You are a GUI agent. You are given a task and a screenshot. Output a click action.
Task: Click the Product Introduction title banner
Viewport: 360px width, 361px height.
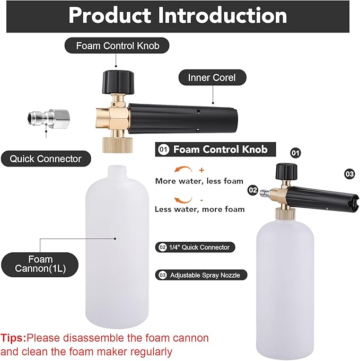[x=178, y=16]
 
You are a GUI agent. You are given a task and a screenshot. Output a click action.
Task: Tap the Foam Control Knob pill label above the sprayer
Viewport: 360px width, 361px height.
[x=117, y=46]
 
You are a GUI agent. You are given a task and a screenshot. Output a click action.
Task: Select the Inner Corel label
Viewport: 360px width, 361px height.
[x=213, y=77]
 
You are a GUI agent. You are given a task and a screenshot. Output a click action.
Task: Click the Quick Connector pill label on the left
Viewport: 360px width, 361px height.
[x=46, y=159]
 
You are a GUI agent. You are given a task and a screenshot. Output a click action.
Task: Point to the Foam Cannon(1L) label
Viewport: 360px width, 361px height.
[x=40, y=265]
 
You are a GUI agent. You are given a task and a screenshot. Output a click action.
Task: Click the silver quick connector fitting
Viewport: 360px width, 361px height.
[x=48, y=119]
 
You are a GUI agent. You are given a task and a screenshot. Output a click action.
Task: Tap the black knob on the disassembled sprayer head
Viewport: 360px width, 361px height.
[x=118, y=82]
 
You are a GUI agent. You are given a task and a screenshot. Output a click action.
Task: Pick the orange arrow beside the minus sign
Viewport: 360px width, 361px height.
[x=183, y=200]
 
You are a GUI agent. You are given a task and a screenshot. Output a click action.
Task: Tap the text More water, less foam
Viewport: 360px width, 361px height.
[x=199, y=181]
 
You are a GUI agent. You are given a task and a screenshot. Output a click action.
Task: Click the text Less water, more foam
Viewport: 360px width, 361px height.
[x=200, y=209]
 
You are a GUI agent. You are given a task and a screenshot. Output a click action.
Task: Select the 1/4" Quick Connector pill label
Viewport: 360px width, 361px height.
[x=195, y=247]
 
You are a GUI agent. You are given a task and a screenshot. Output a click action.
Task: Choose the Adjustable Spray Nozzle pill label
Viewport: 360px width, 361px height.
[x=201, y=275]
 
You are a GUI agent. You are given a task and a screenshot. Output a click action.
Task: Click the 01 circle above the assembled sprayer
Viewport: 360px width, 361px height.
[x=296, y=153]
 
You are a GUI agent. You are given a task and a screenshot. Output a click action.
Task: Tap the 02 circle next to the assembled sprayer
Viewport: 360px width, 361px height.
[x=253, y=190]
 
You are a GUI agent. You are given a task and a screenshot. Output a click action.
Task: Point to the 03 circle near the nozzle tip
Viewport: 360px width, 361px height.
[x=349, y=174]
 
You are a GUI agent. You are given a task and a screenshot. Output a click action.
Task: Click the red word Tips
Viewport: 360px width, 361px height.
[x=13, y=338]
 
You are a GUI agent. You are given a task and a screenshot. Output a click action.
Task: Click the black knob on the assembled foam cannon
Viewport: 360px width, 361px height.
[x=286, y=171]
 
